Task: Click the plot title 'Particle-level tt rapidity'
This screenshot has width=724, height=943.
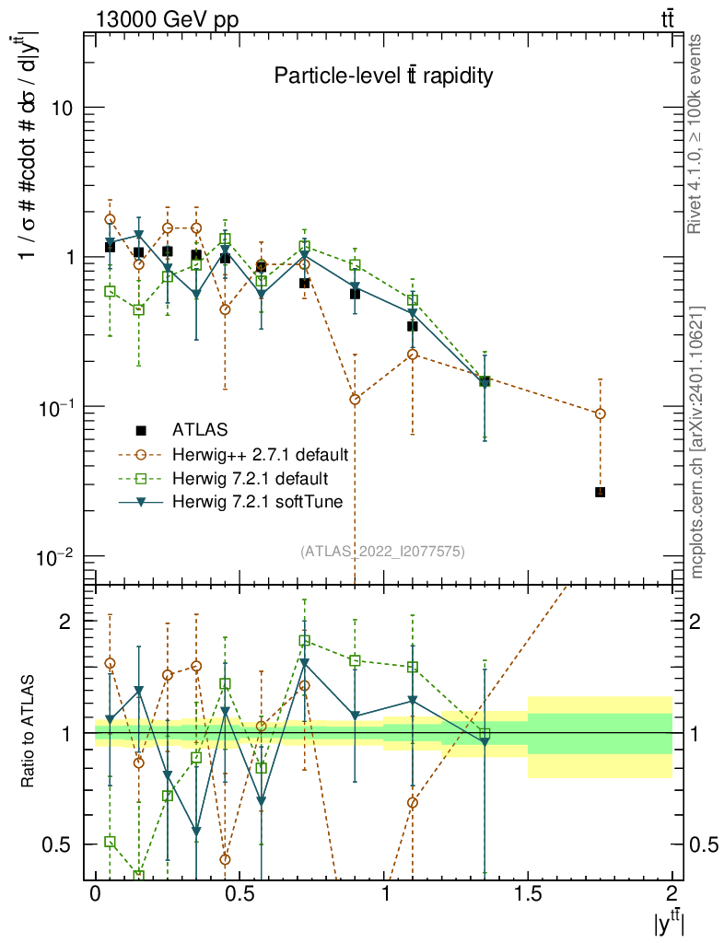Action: (x=383, y=76)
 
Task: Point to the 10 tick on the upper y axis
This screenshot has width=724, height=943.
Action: (x=63, y=107)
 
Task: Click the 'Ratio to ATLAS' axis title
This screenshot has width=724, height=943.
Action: (x=29, y=733)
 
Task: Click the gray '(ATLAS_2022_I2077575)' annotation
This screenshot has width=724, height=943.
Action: (x=382, y=552)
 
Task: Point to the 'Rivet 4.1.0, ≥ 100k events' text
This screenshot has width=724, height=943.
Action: (x=697, y=134)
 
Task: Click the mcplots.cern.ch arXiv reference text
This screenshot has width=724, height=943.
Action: (x=697, y=443)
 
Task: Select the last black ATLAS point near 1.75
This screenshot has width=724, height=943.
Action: (x=600, y=493)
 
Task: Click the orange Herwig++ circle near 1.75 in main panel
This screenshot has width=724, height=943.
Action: (x=600, y=414)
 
